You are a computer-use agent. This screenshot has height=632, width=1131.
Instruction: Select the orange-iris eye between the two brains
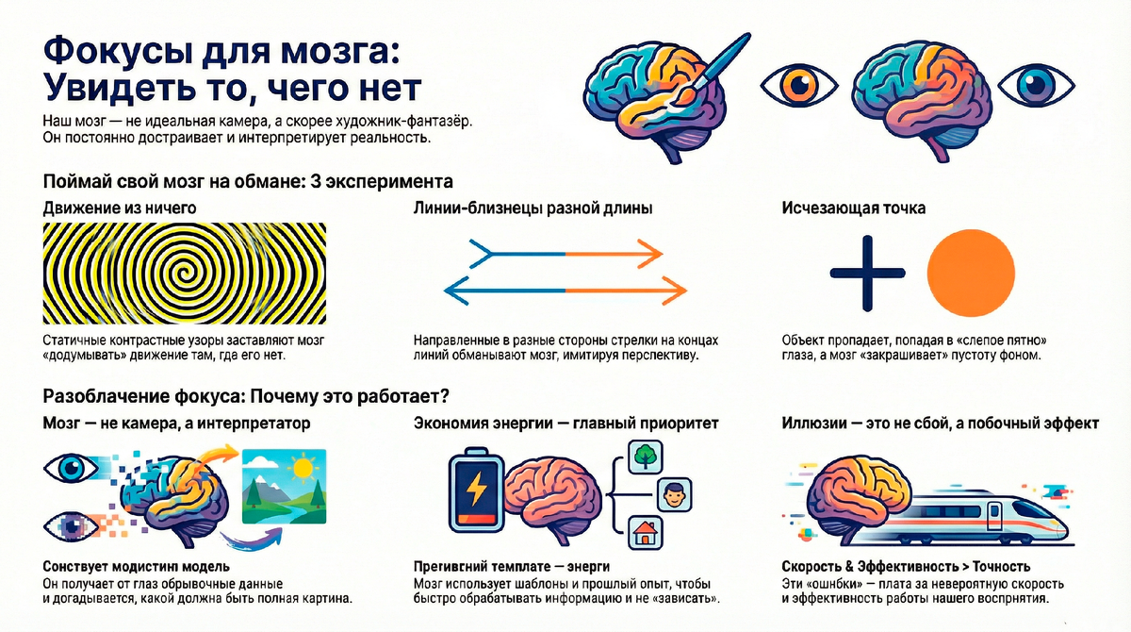(798, 86)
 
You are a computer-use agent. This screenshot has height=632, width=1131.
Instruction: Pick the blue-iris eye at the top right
(1036, 86)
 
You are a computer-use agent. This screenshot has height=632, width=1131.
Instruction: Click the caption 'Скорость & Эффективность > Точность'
(906, 567)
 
